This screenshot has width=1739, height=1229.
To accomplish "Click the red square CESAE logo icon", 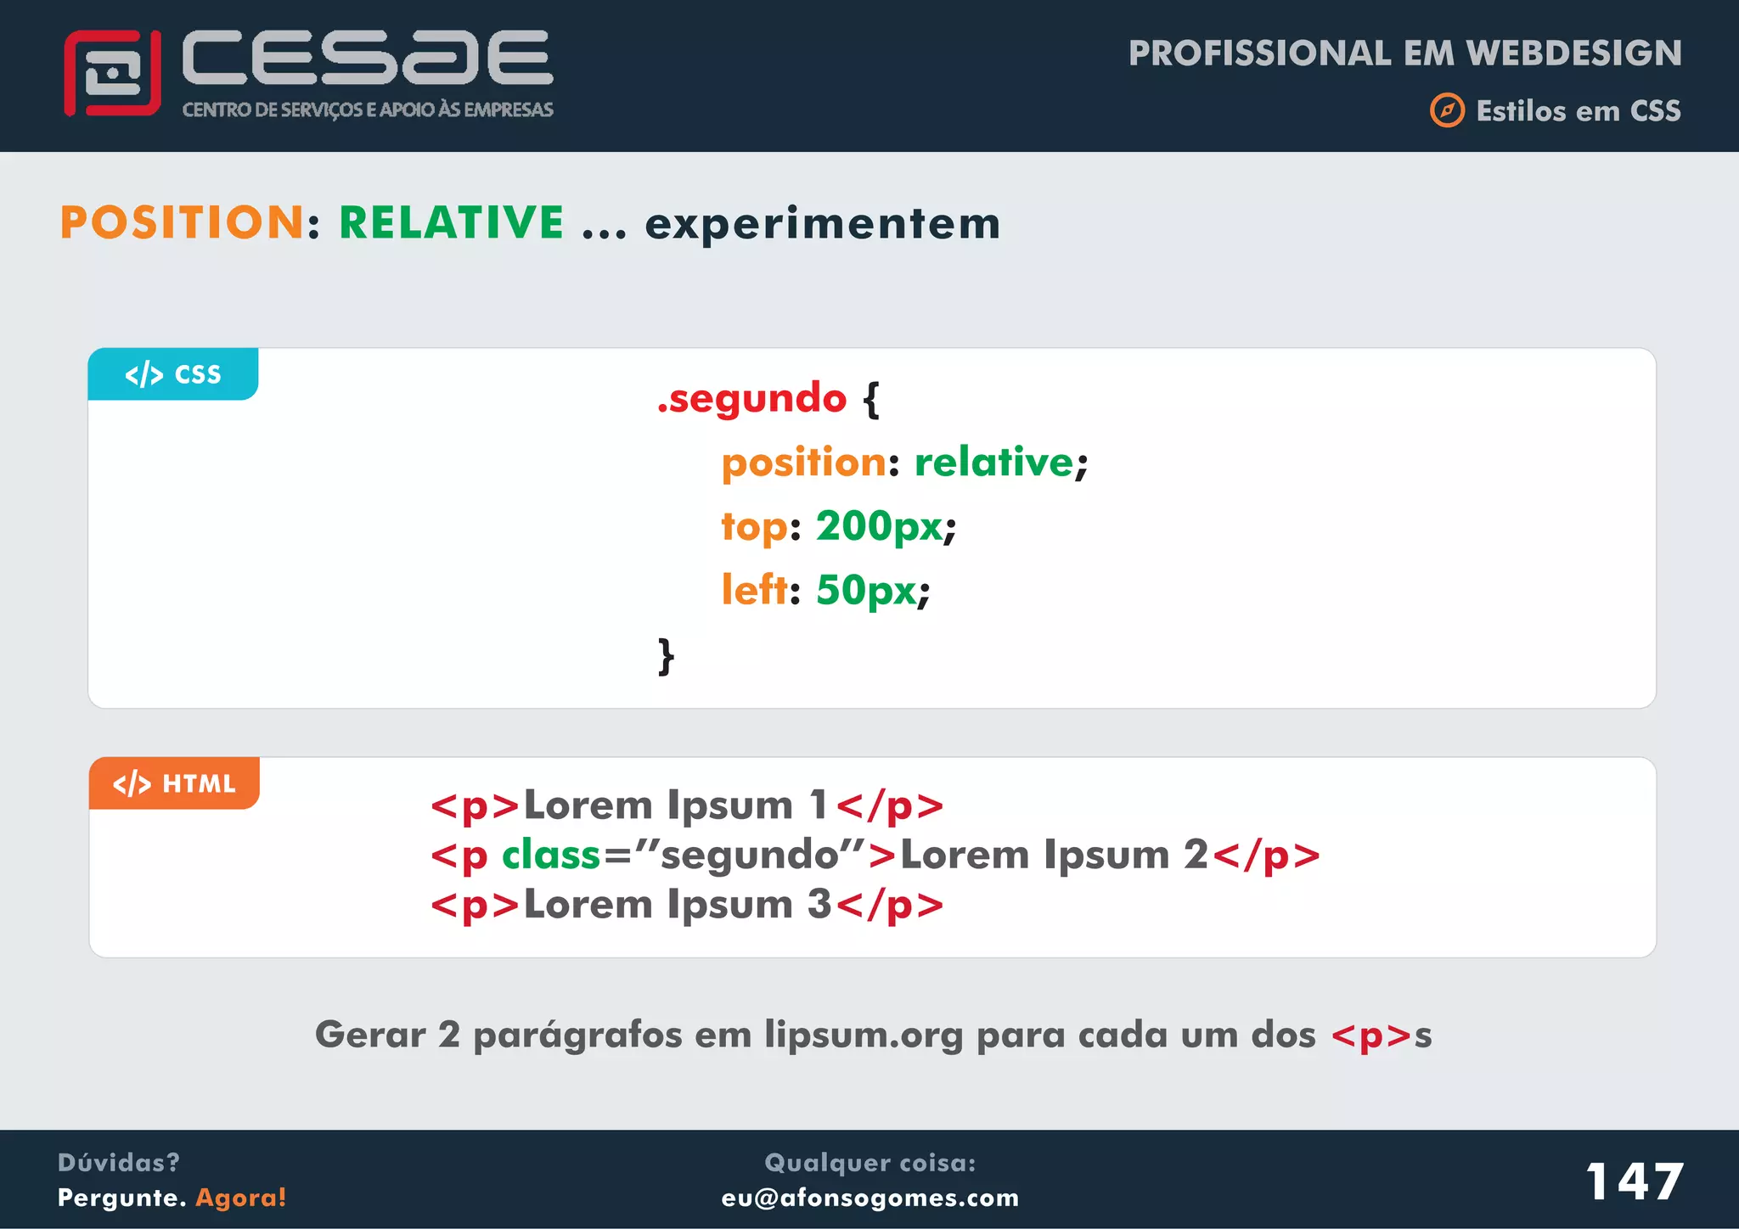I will [x=112, y=73].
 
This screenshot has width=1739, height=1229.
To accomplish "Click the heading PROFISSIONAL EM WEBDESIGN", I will [x=1404, y=53].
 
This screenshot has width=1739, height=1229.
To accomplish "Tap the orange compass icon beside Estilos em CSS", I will [x=1447, y=110].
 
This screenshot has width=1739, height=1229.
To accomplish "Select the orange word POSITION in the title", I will [x=182, y=223].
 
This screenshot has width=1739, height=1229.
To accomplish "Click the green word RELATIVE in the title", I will [x=451, y=223].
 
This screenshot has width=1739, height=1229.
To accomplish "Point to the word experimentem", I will [x=822, y=225].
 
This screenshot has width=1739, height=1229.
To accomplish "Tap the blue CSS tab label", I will [x=173, y=374].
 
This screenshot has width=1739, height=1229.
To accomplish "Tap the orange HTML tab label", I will [x=174, y=783].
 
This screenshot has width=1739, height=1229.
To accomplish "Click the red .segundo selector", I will [x=752, y=398].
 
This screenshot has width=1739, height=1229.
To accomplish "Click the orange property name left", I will [x=753, y=589].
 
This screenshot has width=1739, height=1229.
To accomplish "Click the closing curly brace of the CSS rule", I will [x=667, y=656].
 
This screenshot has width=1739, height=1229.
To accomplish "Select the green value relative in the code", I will [x=993, y=463].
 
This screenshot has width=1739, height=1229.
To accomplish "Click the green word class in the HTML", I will [x=551, y=855].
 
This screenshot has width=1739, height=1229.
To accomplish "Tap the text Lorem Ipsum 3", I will [x=677, y=904].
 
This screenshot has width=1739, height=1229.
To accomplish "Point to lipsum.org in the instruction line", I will [x=864, y=1035].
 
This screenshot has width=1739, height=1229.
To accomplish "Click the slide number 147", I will [x=1634, y=1181].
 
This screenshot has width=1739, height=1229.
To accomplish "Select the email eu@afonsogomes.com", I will [x=869, y=1198].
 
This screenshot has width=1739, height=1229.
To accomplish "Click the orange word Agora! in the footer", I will [x=241, y=1198].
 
